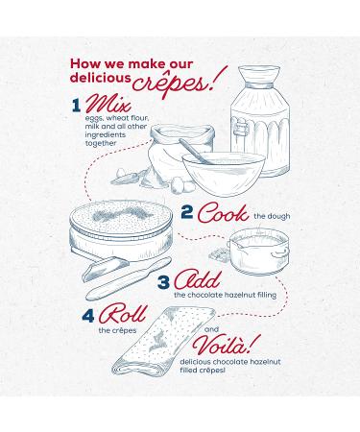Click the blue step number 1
tap(76, 106)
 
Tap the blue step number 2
tap(187, 212)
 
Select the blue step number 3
tap(163, 282)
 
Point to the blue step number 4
tap(88, 315)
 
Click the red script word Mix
tap(108, 104)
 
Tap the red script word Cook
tap(223, 213)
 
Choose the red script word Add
tap(198, 280)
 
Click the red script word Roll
tap(123, 314)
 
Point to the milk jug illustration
tap(260, 121)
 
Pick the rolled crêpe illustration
tap(163, 341)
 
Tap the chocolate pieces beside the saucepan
tap(220, 254)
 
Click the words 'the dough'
tap(272, 216)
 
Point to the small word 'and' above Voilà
tap(211, 329)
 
